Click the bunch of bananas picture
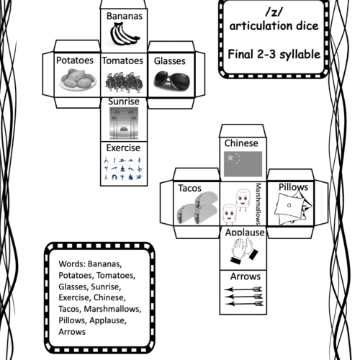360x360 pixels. pos(125,34)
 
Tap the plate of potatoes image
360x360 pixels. pos(78,79)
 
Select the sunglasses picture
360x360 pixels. pos(171,80)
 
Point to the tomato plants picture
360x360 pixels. pos(124,82)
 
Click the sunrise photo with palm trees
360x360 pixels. pos(124,123)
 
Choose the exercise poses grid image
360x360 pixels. pos(123,168)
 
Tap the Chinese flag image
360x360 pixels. pos(243,164)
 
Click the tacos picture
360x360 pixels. pos(197,208)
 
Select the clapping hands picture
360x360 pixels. pos(244,251)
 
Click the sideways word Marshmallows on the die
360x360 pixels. pos(258,204)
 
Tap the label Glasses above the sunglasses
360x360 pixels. pos(170,61)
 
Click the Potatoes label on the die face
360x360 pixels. pos(75,60)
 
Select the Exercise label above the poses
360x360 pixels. pos(123,148)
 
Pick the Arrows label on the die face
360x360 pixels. pos(246,276)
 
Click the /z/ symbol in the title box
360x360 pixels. pos(274,12)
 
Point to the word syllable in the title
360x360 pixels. pos(300,55)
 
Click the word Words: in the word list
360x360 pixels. pos(72,264)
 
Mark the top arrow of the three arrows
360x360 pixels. pos(243,289)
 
